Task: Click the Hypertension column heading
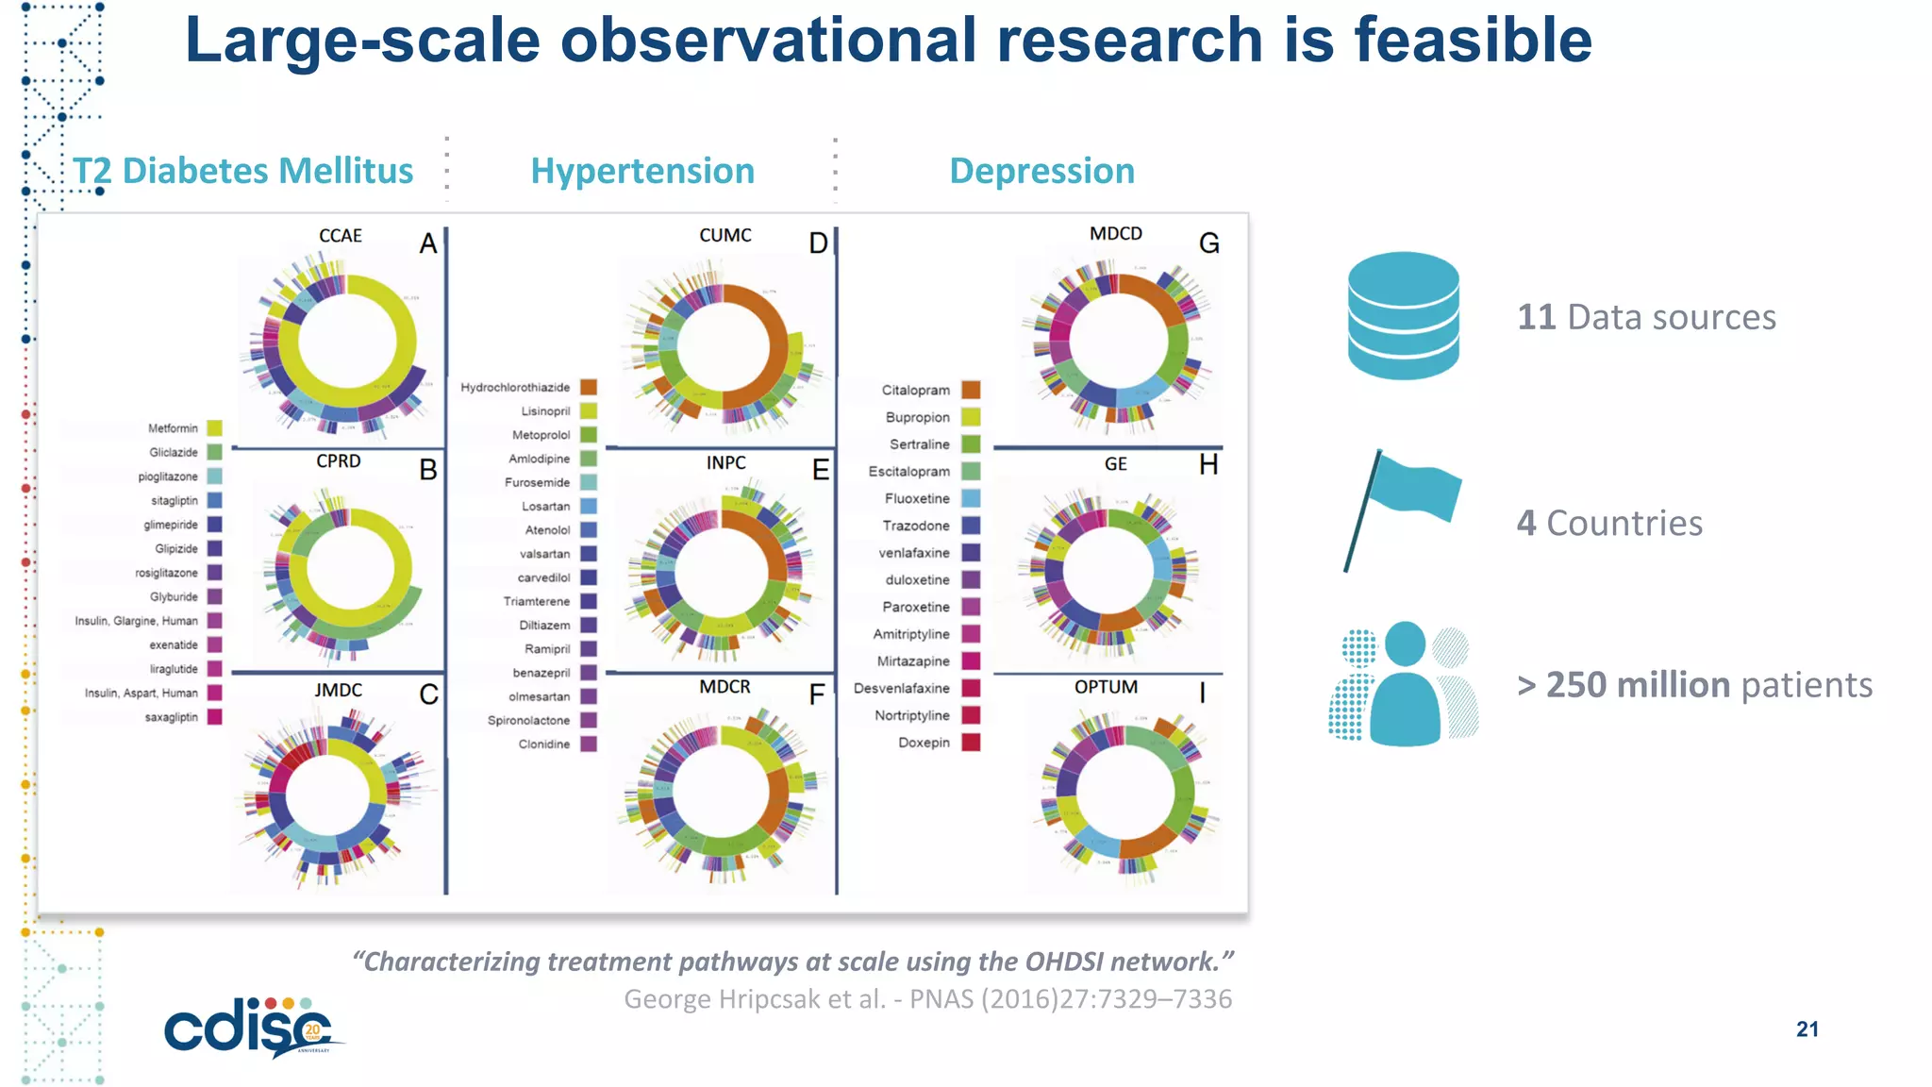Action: [642, 171]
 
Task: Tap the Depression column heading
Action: [1041, 171]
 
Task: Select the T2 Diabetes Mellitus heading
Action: [242, 171]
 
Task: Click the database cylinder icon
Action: [1403, 316]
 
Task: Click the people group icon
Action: [1404, 684]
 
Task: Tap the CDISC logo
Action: [250, 1028]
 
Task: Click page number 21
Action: [1807, 1029]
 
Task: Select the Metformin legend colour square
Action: [215, 428]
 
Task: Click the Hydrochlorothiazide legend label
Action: [515, 388]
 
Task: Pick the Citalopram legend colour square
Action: [971, 390]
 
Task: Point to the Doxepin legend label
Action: [924, 743]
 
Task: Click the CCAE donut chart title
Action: [341, 236]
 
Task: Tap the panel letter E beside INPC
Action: [820, 470]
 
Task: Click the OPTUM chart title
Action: [1106, 687]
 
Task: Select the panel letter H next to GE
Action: [1207, 464]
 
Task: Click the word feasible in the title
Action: [1473, 41]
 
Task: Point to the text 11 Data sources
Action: [1646, 317]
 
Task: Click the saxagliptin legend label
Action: [171, 717]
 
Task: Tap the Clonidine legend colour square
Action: [589, 744]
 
